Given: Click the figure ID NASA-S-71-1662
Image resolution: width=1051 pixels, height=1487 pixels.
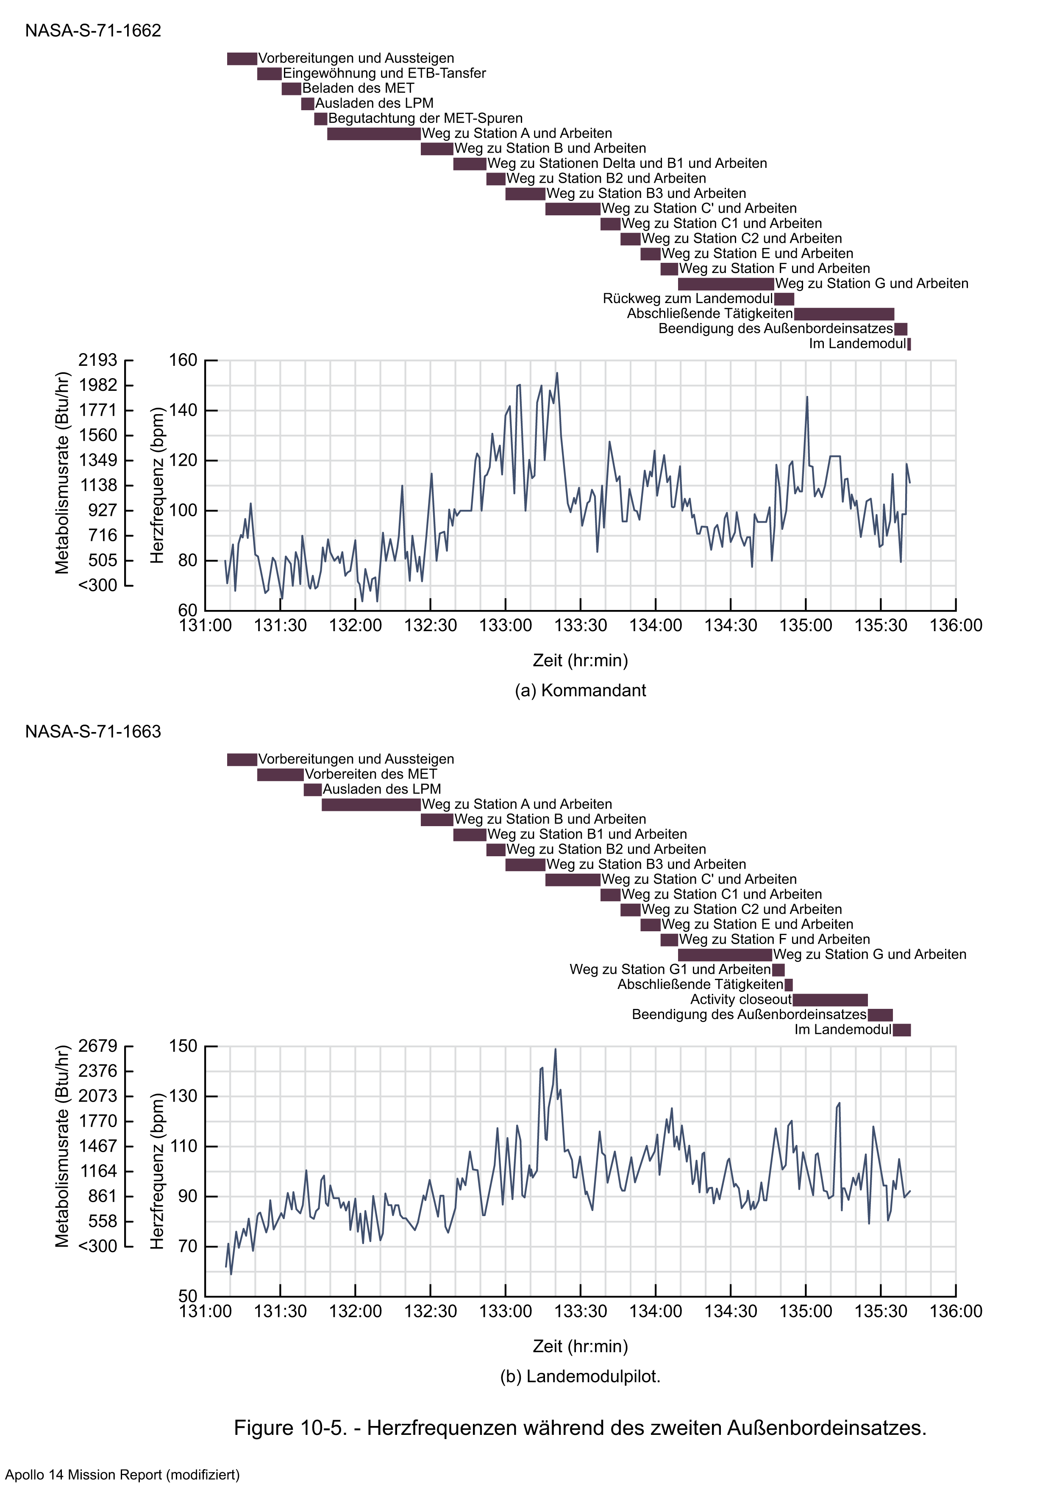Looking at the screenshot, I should point(93,31).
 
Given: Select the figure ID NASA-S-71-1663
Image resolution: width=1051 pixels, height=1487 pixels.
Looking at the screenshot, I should point(93,731).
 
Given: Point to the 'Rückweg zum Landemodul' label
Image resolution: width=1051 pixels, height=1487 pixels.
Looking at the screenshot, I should point(687,298).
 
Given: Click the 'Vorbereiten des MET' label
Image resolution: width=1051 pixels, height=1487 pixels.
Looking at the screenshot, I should point(370,774).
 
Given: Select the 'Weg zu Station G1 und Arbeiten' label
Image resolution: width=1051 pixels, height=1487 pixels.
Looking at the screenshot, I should point(670,969).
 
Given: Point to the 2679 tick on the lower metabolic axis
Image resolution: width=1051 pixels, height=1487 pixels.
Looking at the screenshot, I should point(98,1046).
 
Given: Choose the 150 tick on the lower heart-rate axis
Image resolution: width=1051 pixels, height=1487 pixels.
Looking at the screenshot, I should point(183,1046).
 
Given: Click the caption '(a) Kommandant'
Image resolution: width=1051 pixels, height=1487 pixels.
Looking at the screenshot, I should point(580,691).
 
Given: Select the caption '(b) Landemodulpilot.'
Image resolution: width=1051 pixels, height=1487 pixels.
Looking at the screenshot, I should point(580,1376).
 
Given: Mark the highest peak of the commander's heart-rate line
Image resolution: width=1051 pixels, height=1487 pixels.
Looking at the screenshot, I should point(556,373).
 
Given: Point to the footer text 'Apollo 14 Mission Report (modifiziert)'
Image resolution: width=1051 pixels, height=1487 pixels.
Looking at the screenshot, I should point(123,1475).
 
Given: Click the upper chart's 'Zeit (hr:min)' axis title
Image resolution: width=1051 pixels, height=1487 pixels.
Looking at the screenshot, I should point(580,660).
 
